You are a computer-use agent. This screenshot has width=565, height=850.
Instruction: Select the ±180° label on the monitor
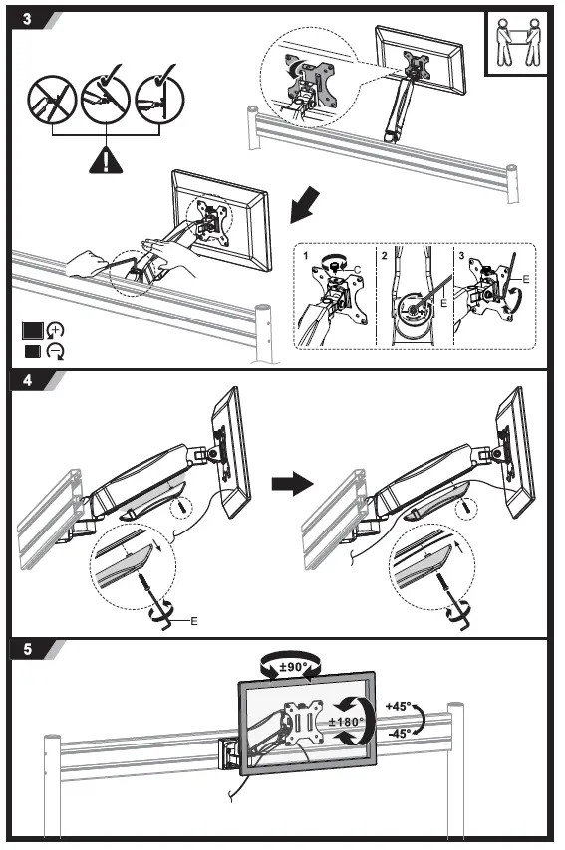click(x=343, y=721)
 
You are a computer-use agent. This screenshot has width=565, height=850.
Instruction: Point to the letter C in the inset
click(x=356, y=268)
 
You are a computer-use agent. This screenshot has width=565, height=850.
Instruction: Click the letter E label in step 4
click(x=194, y=620)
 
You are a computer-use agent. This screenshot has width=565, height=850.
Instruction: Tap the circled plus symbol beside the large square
click(x=56, y=330)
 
